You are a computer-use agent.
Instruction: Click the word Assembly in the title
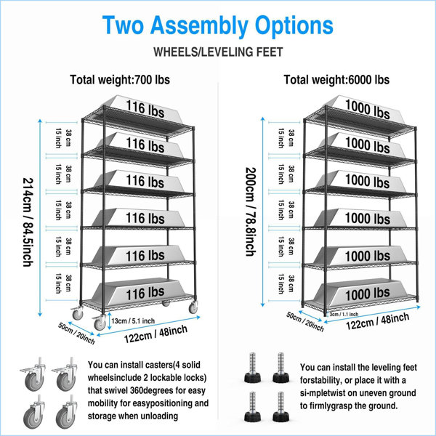point(199,25)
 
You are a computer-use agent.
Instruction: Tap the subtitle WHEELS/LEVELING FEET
point(218,52)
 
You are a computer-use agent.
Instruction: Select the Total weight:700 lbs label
point(120,80)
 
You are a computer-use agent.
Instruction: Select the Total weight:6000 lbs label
point(336,80)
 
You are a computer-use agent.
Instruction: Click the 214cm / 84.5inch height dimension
point(28,222)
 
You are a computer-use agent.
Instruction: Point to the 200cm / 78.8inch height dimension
point(250,211)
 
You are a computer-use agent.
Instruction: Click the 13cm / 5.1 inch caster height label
point(133,321)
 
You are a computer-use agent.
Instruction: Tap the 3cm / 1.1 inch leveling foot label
point(344,314)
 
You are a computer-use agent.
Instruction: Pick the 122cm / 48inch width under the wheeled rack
point(156,334)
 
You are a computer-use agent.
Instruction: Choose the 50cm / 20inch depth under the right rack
point(305,322)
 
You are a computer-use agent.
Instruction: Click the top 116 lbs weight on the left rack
point(145,109)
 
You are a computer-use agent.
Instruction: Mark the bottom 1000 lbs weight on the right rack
point(367,294)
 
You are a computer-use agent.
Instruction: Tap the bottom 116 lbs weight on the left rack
point(145,293)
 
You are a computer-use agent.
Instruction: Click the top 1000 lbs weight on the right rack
point(367,109)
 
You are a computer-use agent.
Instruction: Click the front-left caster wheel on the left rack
point(100,323)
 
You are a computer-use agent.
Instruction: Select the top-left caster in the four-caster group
point(34,374)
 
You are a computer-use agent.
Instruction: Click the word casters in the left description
point(156,365)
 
